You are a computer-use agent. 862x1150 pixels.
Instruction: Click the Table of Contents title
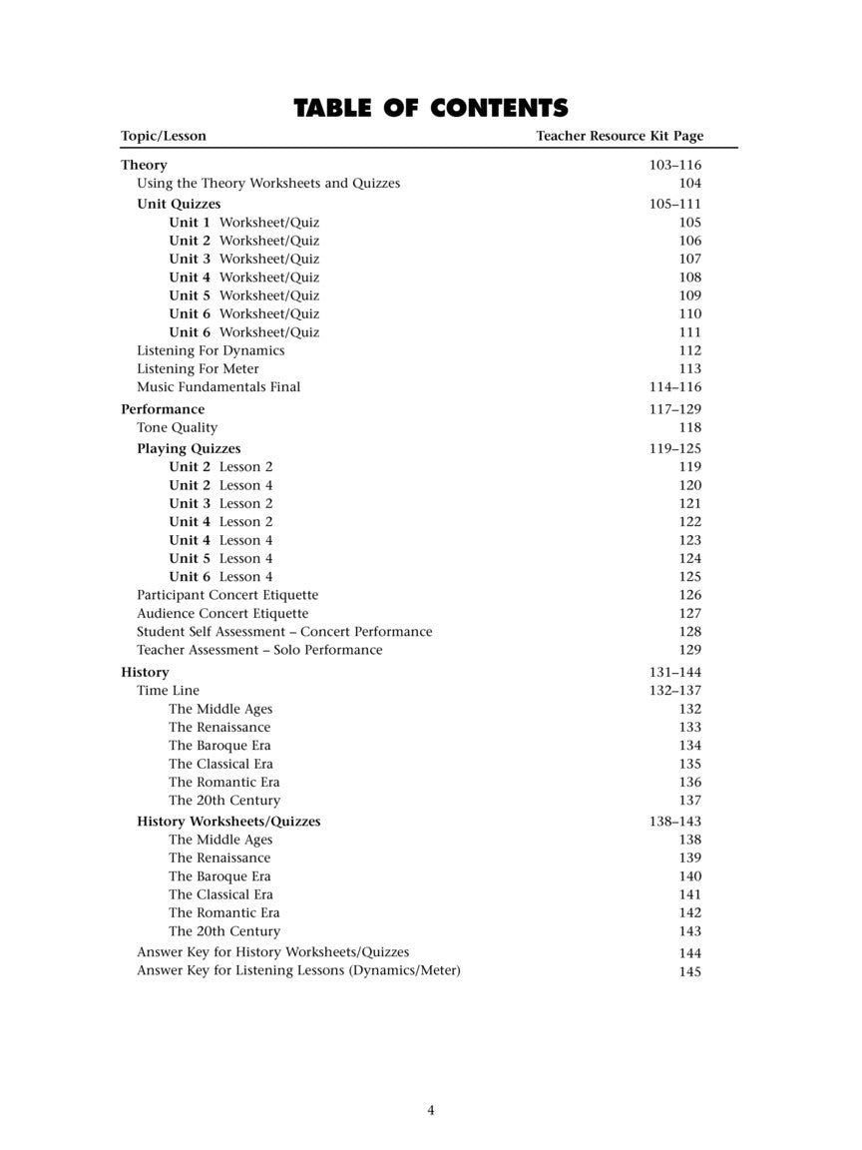[430, 108]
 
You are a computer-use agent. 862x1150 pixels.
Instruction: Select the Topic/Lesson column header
[164, 136]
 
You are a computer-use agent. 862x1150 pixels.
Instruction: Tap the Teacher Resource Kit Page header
[619, 136]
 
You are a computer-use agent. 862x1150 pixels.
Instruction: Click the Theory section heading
[144, 165]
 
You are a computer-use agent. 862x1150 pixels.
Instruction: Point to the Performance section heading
[163, 409]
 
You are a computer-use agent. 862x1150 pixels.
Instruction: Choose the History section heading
[145, 672]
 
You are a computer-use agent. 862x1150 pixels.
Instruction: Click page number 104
[689, 184]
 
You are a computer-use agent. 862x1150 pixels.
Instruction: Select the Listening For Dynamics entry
[211, 350]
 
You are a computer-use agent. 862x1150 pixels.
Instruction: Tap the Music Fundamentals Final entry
[218, 387]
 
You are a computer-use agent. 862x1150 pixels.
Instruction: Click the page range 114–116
[675, 387]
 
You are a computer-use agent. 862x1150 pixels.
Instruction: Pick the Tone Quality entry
[177, 428]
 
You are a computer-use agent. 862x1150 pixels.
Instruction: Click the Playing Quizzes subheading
[189, 449]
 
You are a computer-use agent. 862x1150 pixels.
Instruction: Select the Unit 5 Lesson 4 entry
[220, 559]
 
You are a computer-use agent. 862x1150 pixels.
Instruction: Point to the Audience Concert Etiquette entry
[222, 614]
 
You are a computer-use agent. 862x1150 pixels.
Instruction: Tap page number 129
[689, 651]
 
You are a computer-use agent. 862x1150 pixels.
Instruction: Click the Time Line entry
[168, 691]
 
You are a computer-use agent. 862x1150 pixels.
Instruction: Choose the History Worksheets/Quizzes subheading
[228, 822]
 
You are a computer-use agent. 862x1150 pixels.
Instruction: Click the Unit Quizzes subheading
[179, 204]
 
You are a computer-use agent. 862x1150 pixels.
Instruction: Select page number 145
[689, 971]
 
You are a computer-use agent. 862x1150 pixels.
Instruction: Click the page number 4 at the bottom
[431, 1110]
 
